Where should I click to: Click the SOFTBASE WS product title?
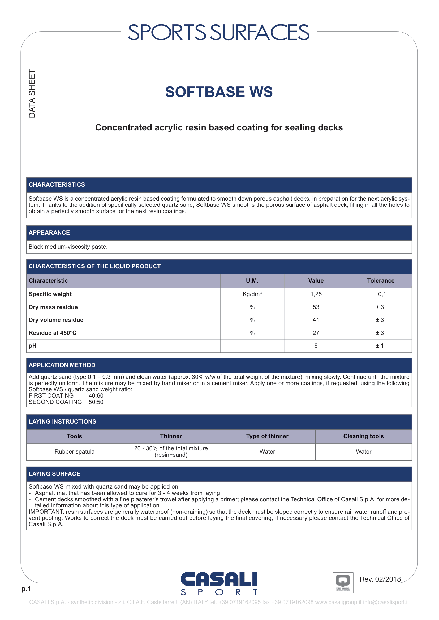[x=219, y=92]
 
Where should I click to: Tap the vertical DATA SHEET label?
[x=32, y=94]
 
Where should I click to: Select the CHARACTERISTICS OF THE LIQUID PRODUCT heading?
[x=94, y=266]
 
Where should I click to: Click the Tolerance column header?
[x=380, y=280]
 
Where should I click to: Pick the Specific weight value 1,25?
[x=316, y=294]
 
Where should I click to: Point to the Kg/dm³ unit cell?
[x=252, y=294]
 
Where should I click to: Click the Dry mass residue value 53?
[x=316, y=307]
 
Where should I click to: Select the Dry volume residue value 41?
[x=316, y=320]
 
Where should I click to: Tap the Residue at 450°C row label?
[x=53, y=333]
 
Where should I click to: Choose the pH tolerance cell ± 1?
[x=380, y=345]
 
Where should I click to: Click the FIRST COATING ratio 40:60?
[x=96, y=395]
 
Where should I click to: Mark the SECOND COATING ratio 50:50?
[x=96, y=402]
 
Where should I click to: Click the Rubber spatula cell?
[x=74, y=451]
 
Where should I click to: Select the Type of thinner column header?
[x=267, y=436]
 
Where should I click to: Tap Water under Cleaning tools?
[x=363, y=451]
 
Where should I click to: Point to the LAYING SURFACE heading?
[x=54, y=474]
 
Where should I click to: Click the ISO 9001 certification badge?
[x=343, y=583]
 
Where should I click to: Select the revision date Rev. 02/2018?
[x=380, y=579]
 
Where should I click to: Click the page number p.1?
[x=26, y=589]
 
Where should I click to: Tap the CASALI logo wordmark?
[x=219, y=579]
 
